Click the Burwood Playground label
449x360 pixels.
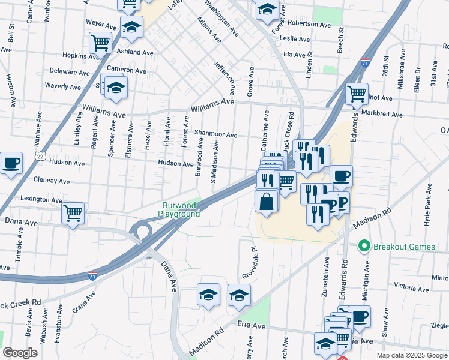tap(179, 209)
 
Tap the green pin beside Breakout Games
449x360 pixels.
tap(363, 246)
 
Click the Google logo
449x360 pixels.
tap(20, 353)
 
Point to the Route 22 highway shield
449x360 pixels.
tap(39, 155)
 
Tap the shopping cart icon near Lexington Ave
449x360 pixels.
tap(73, 212)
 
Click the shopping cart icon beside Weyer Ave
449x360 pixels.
tap(100, 42)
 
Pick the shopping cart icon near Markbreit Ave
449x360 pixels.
tap(357, 94)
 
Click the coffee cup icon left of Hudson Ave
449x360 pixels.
tap(11, 163)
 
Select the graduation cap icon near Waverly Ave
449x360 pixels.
tap(115, 88)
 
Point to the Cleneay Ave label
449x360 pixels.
tap(52, 181)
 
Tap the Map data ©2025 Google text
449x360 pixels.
tap(411, 355)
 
